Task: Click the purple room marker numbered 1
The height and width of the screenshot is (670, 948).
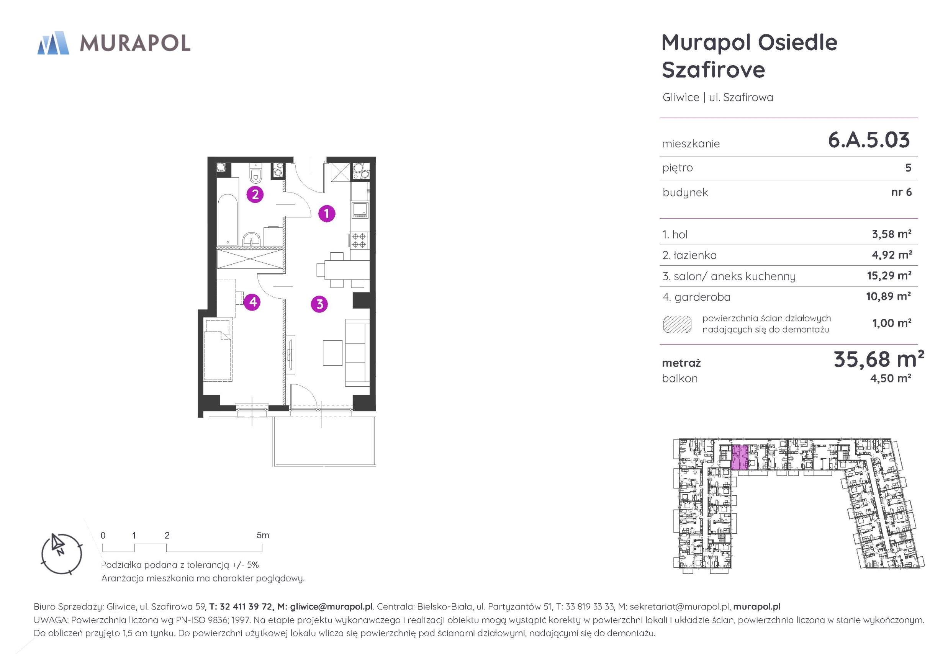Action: pos(327,213)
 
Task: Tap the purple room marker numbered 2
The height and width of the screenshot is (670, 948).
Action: pos(255,194)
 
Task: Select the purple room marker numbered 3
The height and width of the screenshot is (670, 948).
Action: pos(319,304)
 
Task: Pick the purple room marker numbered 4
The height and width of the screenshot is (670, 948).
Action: pos(252,302)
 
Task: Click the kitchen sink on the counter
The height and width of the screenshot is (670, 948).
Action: pos(359,210)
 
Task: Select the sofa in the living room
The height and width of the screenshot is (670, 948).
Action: pos(357,353)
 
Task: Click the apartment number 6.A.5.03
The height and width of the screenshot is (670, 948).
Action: pos(869,140)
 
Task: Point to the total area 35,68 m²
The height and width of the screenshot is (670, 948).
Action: pos(878,359)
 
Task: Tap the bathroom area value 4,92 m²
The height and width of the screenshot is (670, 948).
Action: pos(891,255)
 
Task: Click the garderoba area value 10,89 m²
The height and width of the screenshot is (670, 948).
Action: pos(889,296)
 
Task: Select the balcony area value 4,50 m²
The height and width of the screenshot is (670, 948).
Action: pos(891,378)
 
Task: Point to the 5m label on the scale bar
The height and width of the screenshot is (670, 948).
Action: pos(263,535)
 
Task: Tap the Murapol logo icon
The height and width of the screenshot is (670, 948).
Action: pos(53,43)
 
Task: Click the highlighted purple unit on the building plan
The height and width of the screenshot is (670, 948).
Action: pos(740,458)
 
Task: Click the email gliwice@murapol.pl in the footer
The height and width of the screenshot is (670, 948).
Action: pos(331,606)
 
